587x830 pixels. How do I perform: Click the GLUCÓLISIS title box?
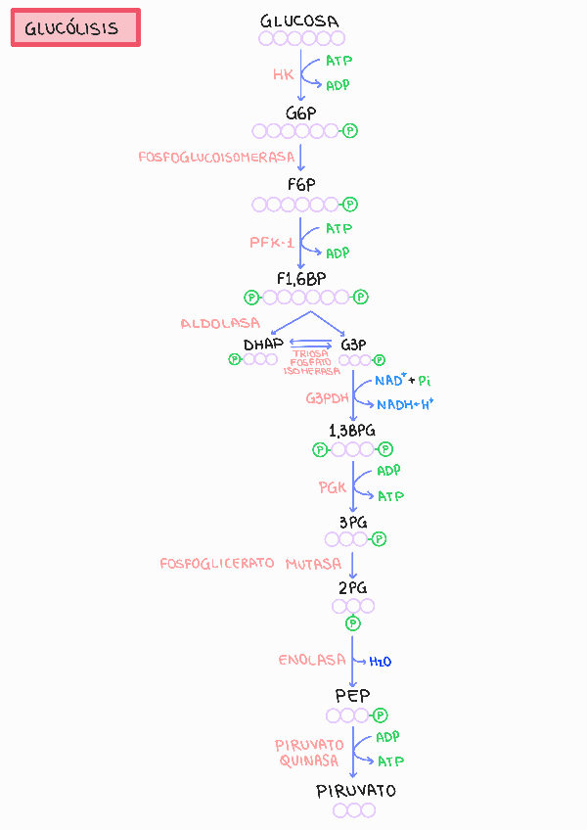(75, 27)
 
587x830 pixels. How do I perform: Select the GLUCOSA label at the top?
(301, 21)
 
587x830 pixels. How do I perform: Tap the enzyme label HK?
(283, 74)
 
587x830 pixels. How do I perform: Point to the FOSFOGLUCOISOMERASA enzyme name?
(216, 157)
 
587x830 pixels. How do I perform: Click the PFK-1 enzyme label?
(271, 243)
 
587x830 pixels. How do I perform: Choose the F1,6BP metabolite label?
(301, 278)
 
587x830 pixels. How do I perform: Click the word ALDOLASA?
(220, 323)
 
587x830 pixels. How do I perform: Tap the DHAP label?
(263, 344)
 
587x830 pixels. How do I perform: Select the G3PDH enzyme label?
(327, 398)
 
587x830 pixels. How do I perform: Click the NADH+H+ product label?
(405, 404)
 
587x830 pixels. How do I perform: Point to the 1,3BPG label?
(352, 431)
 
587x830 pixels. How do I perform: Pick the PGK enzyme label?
(333, 486)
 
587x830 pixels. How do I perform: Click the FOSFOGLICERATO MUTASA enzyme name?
(250, 564)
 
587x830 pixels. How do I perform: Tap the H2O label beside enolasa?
(381, 662)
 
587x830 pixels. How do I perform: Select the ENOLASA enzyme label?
(312, 660)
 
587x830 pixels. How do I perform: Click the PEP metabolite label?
(352, 695)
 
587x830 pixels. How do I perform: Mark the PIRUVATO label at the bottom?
(356, 790)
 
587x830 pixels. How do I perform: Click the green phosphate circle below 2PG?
(353, 623)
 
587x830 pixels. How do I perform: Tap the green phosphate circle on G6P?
(350, 130)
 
